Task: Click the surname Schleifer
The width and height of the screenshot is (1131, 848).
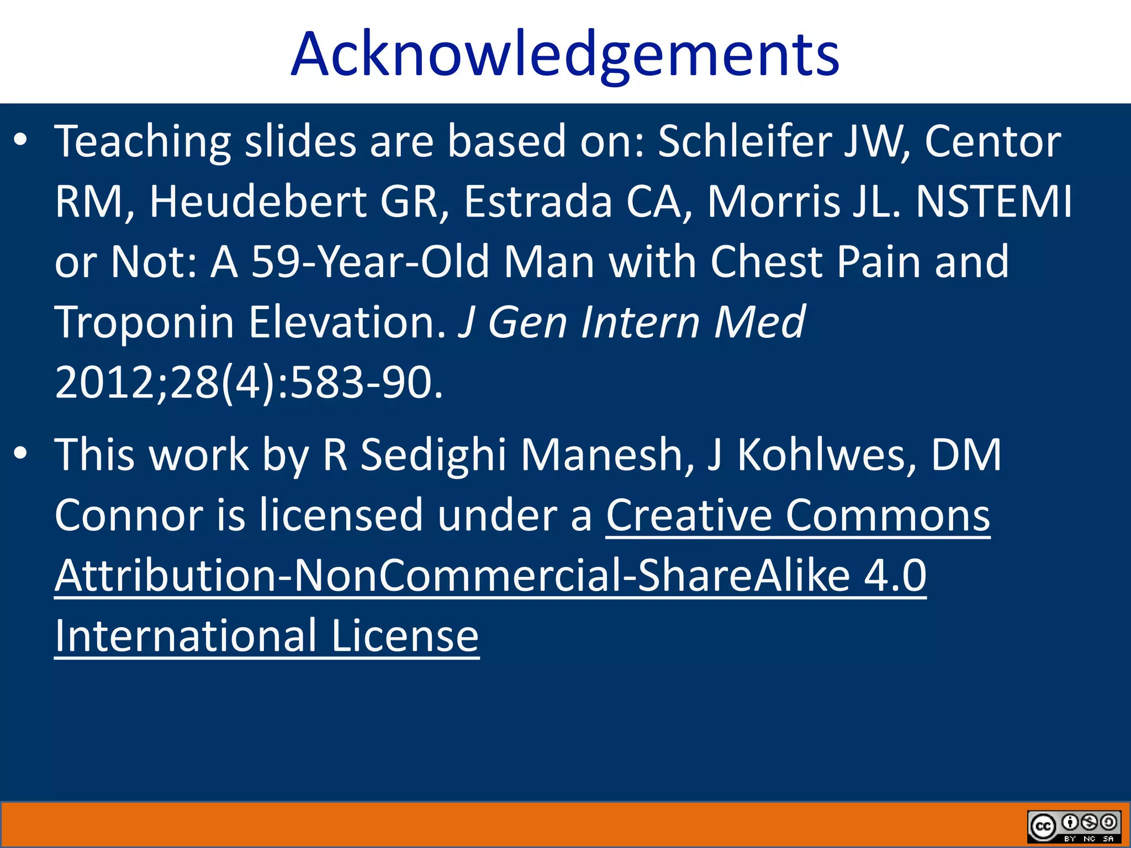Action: [x=745, y=142]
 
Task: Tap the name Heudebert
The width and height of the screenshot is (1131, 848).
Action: [x=257, y=202]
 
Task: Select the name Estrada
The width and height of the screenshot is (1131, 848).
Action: [x=538, y=202]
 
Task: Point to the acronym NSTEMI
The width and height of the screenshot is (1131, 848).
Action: [x=993, y=202]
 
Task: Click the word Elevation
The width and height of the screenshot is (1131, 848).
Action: [x=347, y=322]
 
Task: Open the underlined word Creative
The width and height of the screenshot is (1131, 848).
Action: [x=689, y=516]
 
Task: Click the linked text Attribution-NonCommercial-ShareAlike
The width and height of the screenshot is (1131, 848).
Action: [x=452, y=576]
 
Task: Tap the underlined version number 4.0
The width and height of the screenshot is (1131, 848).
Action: [x=895, y=576]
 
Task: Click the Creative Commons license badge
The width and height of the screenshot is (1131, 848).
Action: [x=1074, y=826]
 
